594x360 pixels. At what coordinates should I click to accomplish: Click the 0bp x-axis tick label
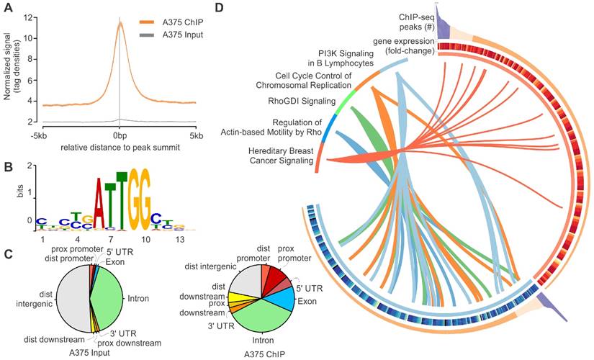tap(120, 135)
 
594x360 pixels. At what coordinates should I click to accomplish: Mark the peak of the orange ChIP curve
tap(120, 23)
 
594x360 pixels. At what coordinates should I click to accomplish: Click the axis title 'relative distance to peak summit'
tap(120, 148)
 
